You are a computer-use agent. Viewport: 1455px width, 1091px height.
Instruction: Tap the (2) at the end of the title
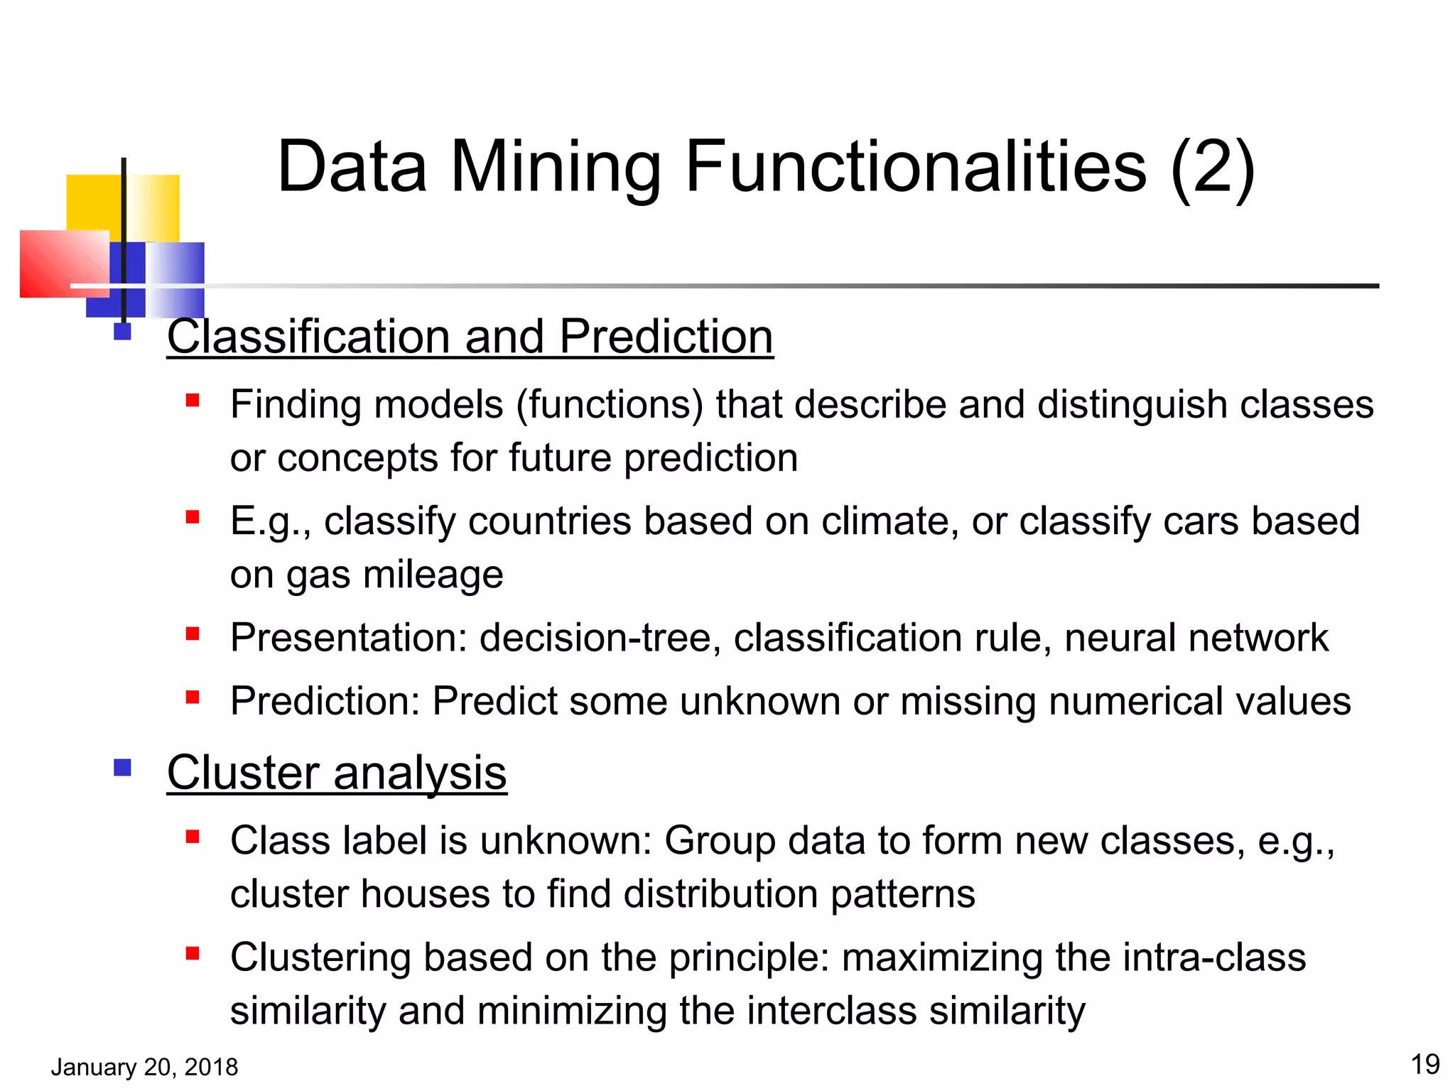[x=1212, y=167]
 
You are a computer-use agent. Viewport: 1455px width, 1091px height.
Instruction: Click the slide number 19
[x=1424, y=1064]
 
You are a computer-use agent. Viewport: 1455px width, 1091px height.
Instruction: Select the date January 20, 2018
[x=144, y=1067]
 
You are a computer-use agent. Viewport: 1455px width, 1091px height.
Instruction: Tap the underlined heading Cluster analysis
[x=337, y=772]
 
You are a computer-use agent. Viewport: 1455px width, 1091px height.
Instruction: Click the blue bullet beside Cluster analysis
[x=122, y=768]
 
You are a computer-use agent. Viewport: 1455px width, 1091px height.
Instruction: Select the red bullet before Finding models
[x=193, y=401]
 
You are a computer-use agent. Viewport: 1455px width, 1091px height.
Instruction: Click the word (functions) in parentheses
[x=610, y=405]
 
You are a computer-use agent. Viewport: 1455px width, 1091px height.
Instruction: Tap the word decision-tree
[x=595, y=637]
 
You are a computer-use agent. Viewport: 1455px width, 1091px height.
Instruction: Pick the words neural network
[x=1196, y=637]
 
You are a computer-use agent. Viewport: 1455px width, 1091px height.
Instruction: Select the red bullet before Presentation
[x=193, y=634]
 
